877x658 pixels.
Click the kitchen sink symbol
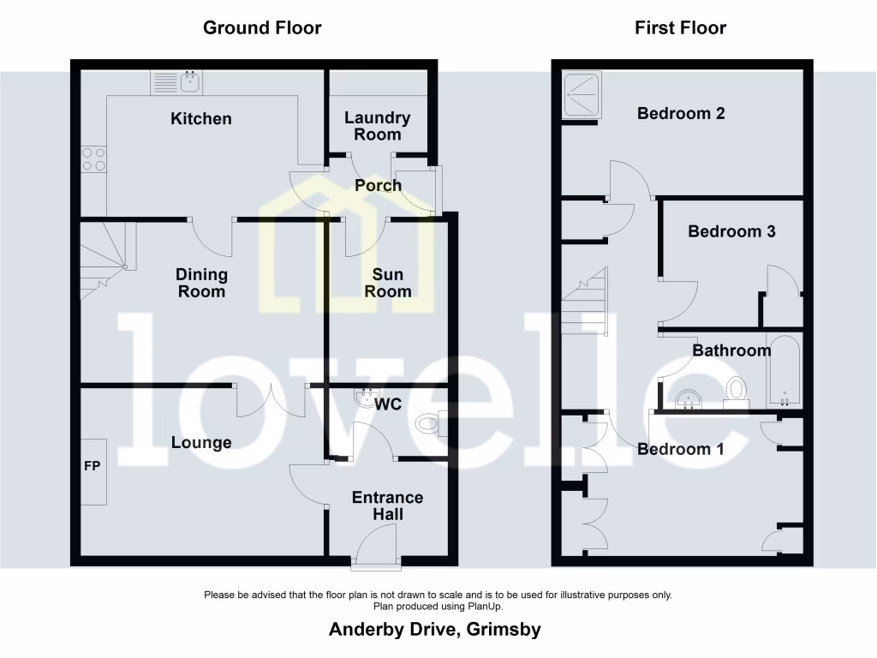(x=176, y=83)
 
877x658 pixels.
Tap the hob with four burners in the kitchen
(x=93, y=159)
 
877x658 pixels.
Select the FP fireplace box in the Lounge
(x=94, y=471)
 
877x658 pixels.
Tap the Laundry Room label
(x=377, y=126)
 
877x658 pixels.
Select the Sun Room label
(x=387, y=283)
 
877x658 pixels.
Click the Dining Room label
(x=201, y=283)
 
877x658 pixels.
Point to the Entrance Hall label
(x=387, y=505)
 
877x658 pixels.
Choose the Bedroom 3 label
(x=731, y=231)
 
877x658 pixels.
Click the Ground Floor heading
(x=262, y=27)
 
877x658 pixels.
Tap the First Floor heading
(x=680, y=27)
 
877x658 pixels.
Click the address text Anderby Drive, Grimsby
(x=435, y=630)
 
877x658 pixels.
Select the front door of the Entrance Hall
(x=376, y=548)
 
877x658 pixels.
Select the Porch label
(x=378, y=185)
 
